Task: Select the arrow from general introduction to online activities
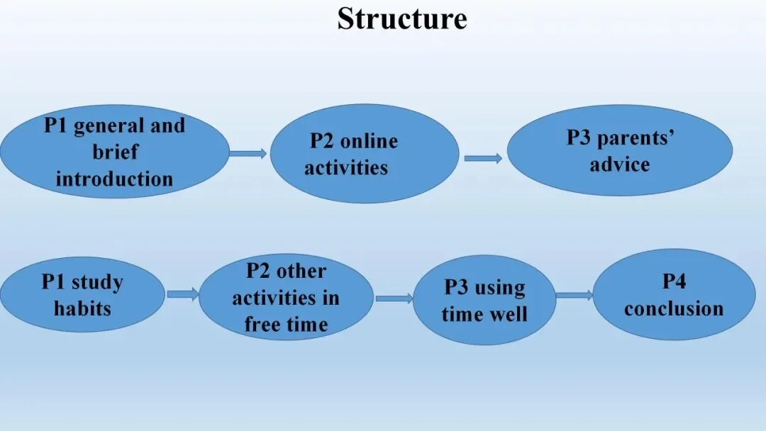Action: [x=248, y=153]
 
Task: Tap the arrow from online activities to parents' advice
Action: [x=482, y=158]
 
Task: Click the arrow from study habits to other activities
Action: [x=182, y=294]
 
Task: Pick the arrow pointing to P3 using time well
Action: [x=394, y=298]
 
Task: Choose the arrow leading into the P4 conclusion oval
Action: [x=574, y=295]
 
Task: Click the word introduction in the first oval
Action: [x=114, y=178]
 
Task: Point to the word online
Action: [x=369, y=141]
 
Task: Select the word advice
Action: [x=619, y=164]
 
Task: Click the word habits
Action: [x=82, y=308]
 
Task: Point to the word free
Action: [x=262, y=325]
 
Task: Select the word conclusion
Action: [x=674, y=308]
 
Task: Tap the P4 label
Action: [x=674, y=281]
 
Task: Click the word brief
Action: [x=115, y=152]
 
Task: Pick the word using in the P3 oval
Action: [x=500, y=287]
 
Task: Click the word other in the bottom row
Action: [x=301, y=271]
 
